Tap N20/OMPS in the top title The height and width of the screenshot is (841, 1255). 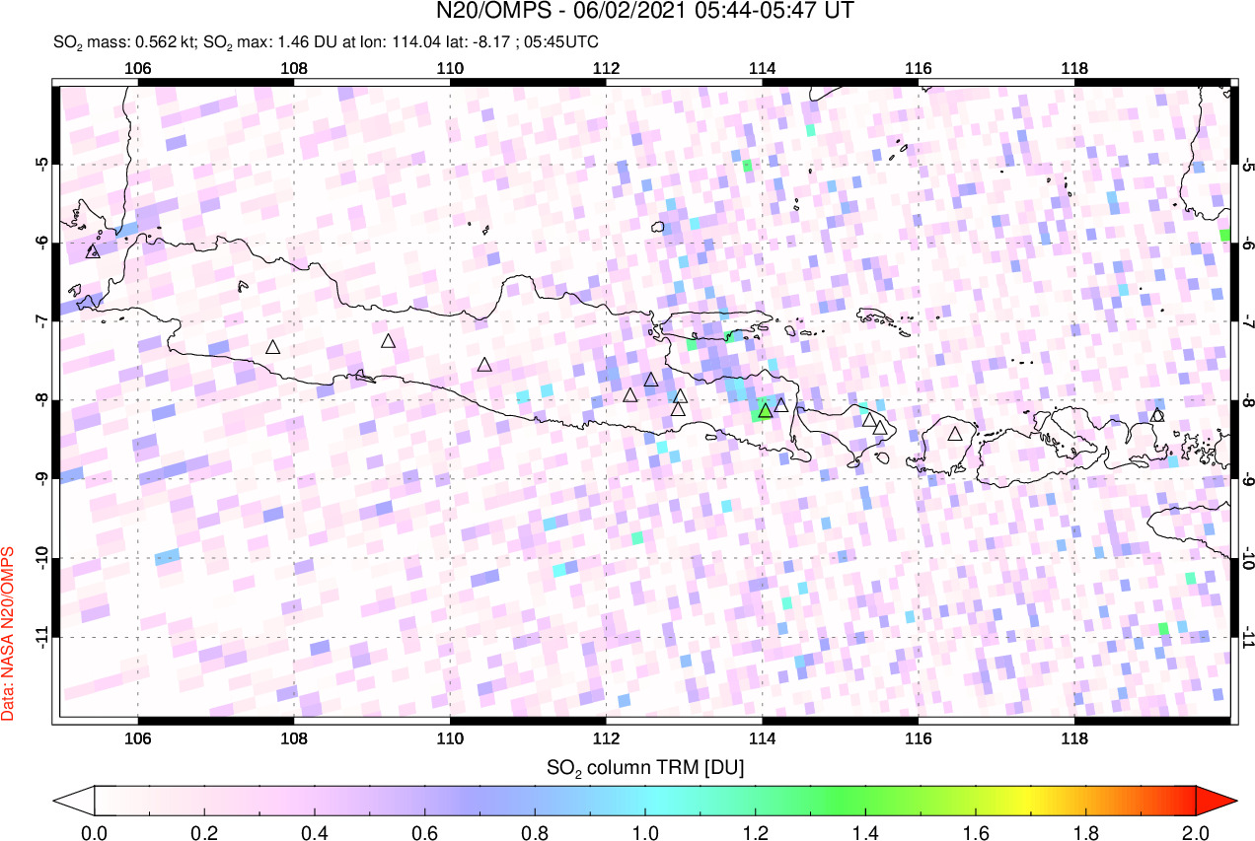pyautogui.click(x=485, y=12)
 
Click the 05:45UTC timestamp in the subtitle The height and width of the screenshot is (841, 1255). pyautogui.click(x=564, y=42)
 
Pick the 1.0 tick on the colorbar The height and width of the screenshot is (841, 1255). pyautogui.click(x=645, y=831)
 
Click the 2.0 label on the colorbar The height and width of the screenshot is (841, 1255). pyautogui.click(x=1195, y=831)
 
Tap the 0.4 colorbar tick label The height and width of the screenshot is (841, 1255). pyautogui.click(x=315, y=831)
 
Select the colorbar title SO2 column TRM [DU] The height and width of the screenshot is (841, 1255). pyautogui.click(x=645, y=766)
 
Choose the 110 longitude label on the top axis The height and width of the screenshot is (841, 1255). pyautogui.click(x=450, y=68)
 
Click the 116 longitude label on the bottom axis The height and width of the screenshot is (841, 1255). pyautogui.click(x=918, y=739)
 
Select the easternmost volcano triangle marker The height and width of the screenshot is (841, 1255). pyautogui.click(x=1157, y=415)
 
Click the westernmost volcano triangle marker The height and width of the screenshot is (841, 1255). pyautogui.click(x=93, y=250)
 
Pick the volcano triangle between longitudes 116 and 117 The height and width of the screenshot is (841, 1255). pyautogui.click(x=954, y=433)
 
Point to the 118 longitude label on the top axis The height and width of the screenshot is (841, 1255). pyautogui.click(x=1073, y=68)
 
